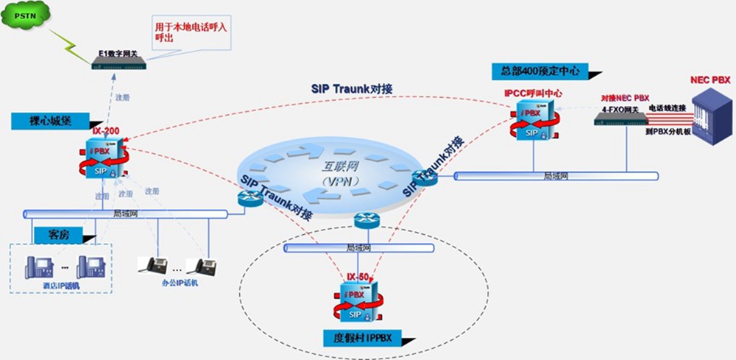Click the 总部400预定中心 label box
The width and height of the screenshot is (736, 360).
[x=540, y=71]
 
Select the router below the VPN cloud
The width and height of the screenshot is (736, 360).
[x=366, y=219]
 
